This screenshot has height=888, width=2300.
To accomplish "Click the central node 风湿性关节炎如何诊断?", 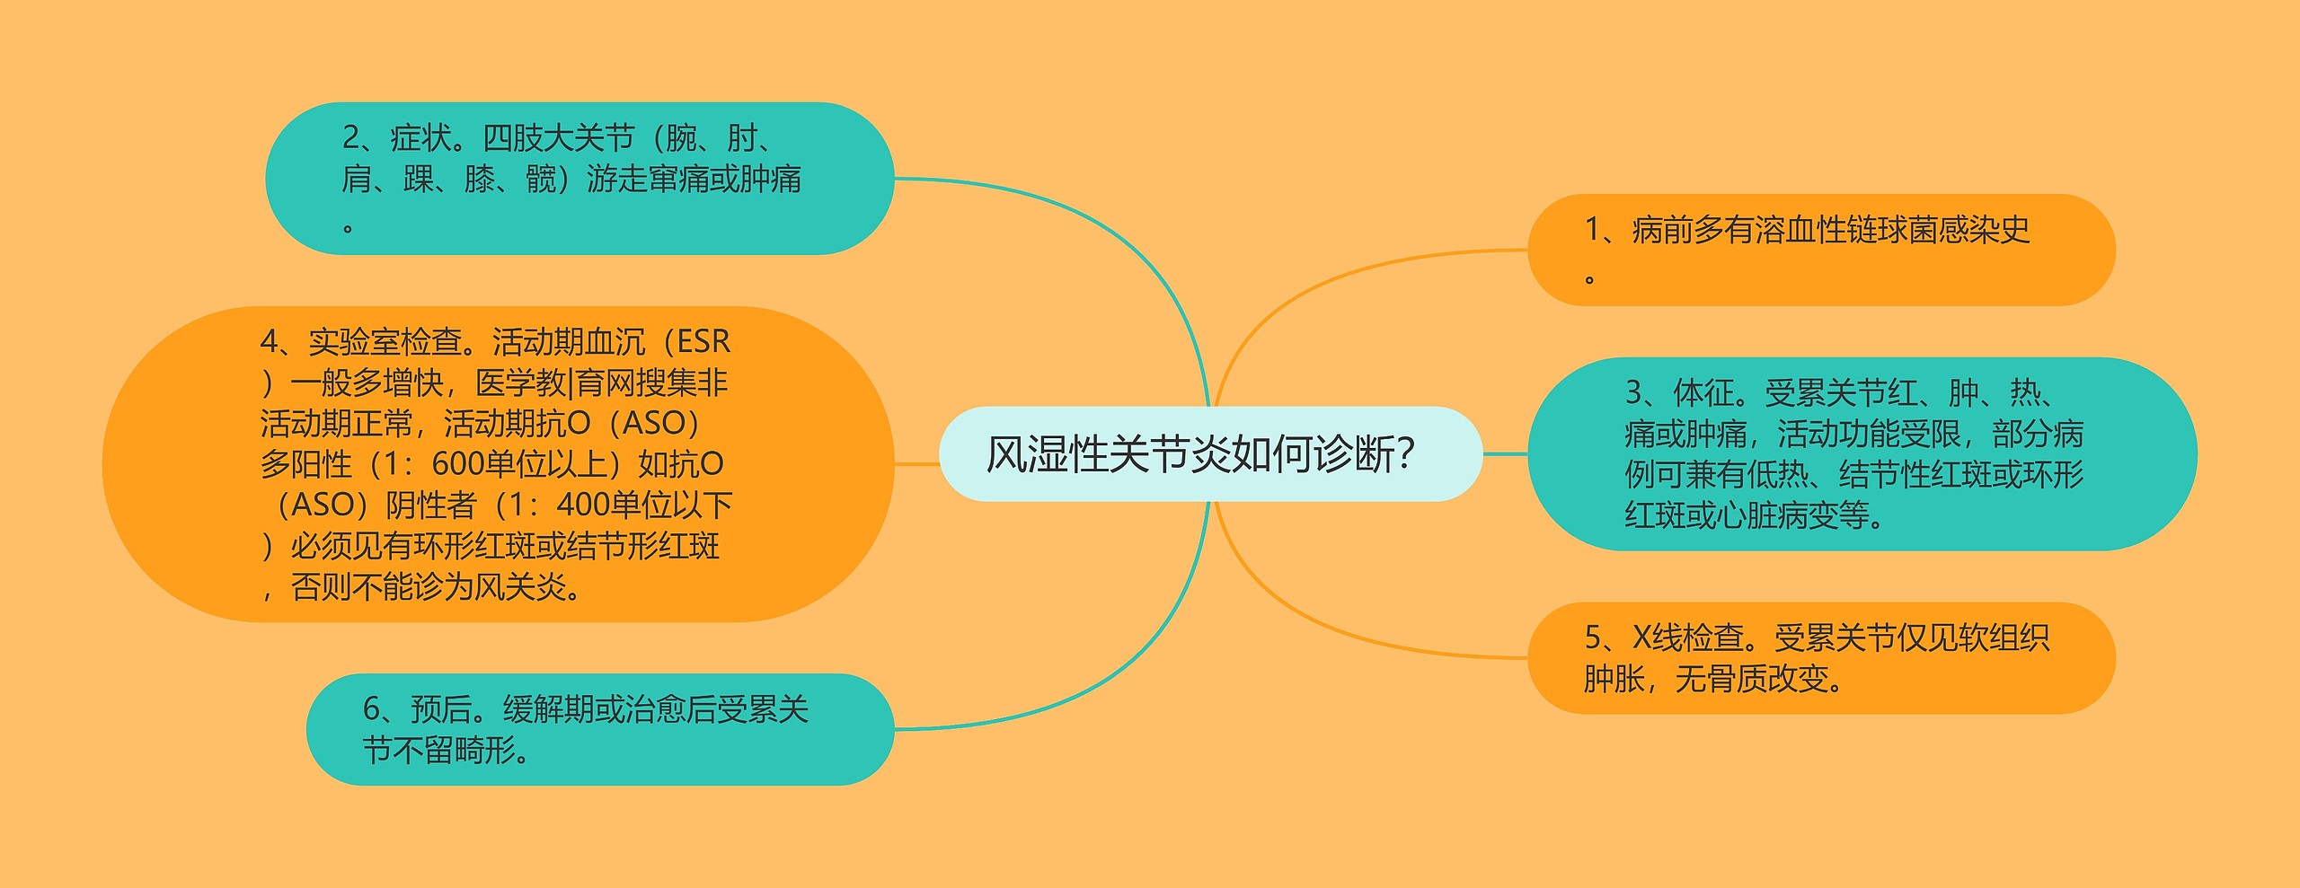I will click(1209, 453).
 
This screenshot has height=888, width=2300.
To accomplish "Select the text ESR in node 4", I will click(703, 342).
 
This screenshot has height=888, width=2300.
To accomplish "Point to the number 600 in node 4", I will click(456, 464).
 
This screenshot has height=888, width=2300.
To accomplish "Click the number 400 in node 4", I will click(581, 506).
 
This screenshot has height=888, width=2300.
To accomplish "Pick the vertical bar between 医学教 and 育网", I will click(571, 383).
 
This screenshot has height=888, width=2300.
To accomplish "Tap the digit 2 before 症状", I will click(351, 138).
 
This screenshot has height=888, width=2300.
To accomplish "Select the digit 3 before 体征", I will click(1634, 392).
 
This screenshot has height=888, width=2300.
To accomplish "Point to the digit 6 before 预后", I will click(372, 709).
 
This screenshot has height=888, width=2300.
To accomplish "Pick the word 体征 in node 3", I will click(1703, 392).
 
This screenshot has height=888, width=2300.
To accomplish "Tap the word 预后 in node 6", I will click(441, 709).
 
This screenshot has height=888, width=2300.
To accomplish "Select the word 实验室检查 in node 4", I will click(385, 342).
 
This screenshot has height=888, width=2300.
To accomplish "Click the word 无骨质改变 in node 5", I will click(1752, 679).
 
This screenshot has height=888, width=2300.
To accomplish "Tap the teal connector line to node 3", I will click(1505, 453).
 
